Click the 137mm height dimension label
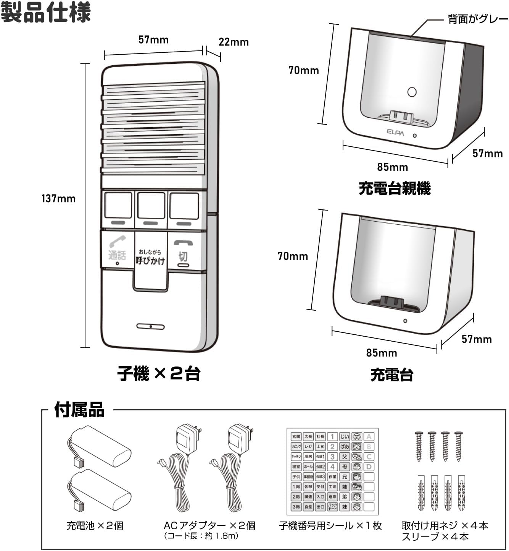coord(58,199)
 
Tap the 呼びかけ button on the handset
coord(150,258)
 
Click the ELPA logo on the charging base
coord(395,132)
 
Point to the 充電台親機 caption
coord(395,189)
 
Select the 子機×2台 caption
coord(159,373)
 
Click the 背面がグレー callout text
coord(478,19)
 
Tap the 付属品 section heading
coord(79,410)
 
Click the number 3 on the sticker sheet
coord(332,457)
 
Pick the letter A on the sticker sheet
coord(369,437)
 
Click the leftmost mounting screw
coord(419,446)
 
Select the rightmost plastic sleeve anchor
coord(461,493)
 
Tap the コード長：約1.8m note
coord(201,536)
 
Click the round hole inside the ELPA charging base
coord(412,92)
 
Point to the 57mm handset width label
coord(153,39)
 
